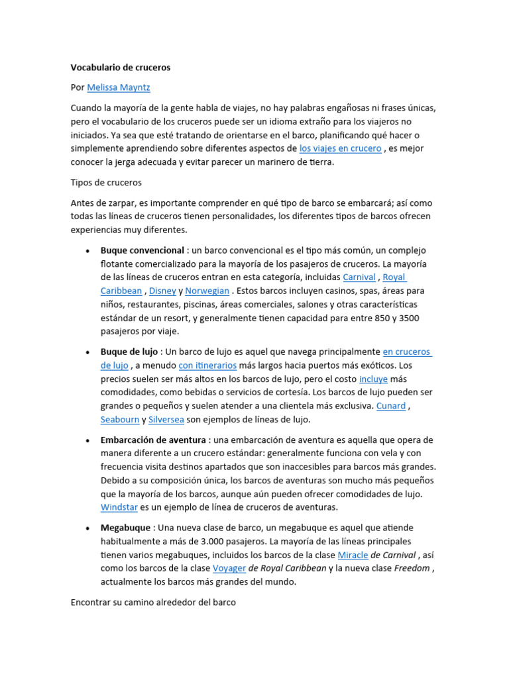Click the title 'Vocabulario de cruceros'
[x=121, y=68]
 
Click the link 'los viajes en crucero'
[x=340, y=148]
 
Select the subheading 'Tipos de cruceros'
[x=106, y=182]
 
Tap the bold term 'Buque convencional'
[x=142, y=250]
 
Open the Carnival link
[x=359, y=277]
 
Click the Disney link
[x=162, y=291]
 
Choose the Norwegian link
[x=207, y=291]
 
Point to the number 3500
[x=408, y=318]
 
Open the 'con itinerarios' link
[x=207, y=365]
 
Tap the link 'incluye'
[x=373, y=379]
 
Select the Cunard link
[x=390, y=406]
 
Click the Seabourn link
[x=120, y=419]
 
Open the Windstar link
[x=119, y=507]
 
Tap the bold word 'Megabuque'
[x=125, y=528]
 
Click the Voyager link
[x=229, y=568]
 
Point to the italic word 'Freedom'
[x=412, y=568]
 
